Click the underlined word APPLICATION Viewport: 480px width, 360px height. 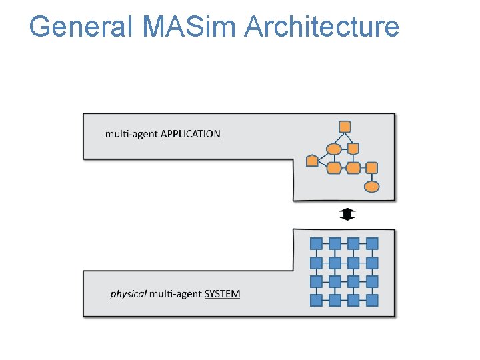coord(191,134)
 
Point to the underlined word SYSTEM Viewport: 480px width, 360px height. coord(222,294)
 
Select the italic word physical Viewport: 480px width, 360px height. coord(128,294)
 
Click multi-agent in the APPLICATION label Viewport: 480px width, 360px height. coord(131,134)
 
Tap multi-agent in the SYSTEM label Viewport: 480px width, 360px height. coord(175,294)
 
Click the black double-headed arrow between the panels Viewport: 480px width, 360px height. coord(347,215)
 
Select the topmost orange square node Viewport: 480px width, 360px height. coord(345,126)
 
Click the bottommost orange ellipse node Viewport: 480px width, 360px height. coord(371,186)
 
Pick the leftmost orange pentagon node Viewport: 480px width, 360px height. coord(312,161)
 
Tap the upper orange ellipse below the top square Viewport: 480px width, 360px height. coord(334,148)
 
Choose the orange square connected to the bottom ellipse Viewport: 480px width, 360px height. coord(371,167)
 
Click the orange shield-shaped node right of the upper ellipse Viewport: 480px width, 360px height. coord(353,148)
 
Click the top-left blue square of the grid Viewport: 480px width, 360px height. coord(317,243)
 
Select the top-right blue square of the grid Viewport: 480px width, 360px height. coord(372,243)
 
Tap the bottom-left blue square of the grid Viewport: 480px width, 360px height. coord(317,300)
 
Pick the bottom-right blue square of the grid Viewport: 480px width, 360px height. coord(372,300)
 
